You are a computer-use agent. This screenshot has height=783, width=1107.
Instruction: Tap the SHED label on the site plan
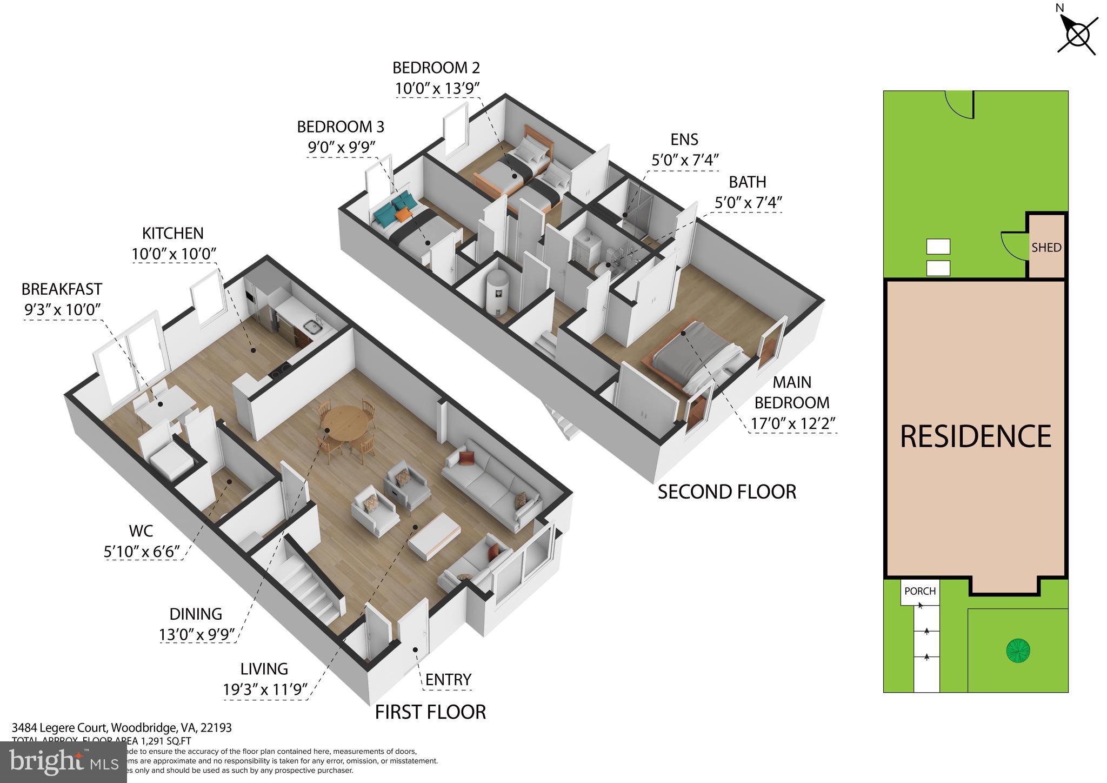[1046, 248]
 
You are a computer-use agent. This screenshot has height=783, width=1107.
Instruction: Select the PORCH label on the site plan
[919, 591]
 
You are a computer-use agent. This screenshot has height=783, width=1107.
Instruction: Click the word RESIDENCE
[975, 436]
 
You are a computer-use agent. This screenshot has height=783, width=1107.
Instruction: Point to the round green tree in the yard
[1018, 650]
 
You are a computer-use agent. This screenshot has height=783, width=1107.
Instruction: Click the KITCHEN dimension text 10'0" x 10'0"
[174, 254]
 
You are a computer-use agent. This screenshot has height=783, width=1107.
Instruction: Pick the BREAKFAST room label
[62, 289]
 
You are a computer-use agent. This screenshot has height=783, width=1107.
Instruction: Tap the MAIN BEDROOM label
[792, 393]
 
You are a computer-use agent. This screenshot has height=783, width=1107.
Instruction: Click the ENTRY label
[448, 679]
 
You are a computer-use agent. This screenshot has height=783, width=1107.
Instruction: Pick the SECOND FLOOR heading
[726, 492]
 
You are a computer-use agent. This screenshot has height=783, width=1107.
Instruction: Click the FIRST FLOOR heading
[430, 712]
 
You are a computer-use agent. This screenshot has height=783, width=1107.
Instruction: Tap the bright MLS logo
[63, 762]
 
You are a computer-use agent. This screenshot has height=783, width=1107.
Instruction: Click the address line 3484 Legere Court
[122, 728]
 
